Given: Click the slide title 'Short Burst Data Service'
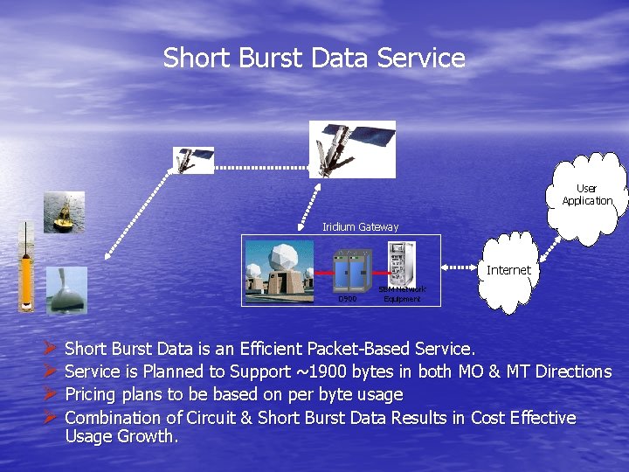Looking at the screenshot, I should [314, 59].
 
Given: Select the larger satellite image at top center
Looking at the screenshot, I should [352, 149].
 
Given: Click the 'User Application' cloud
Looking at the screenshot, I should [587, 194].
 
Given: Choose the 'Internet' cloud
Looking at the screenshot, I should [508, 271].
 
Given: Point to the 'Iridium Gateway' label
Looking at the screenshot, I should [360, 227].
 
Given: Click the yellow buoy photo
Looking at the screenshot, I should [64, 212].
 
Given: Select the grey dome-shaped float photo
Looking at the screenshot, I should [66, 290].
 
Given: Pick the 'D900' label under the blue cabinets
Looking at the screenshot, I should [347, 299].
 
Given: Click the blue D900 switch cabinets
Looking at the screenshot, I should [349, 271].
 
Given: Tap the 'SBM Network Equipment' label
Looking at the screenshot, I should [402, 294].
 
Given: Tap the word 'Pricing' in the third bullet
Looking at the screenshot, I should [94, 394].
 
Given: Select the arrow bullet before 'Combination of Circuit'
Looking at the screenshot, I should [50, 418].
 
